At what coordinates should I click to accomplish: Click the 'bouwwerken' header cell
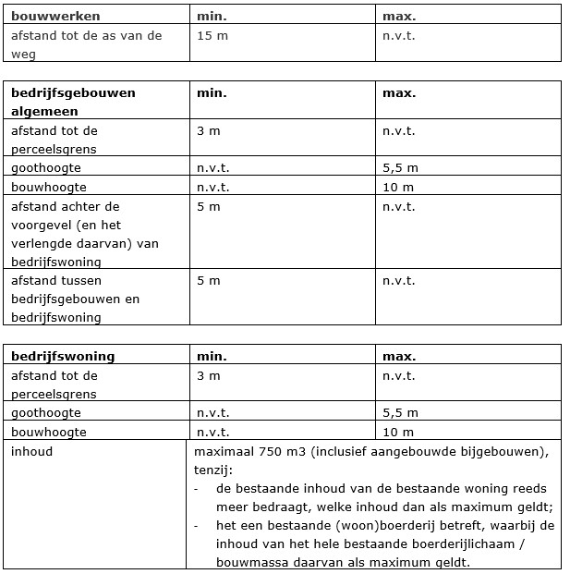tap(55, 16)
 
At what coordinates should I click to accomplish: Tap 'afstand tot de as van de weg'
tap(86, 43)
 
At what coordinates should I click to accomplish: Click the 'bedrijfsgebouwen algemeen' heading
tap(73, 102)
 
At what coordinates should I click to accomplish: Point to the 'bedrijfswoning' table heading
tap(63, 356)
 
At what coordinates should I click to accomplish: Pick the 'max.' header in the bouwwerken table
tap(398, 16)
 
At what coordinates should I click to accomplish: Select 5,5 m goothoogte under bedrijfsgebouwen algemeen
tap(400, 168)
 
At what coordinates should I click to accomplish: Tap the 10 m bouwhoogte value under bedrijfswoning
tap(397, 432)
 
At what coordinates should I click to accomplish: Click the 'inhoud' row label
tap(32, 452)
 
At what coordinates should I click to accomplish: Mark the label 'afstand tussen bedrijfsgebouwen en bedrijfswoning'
tap(75, 299)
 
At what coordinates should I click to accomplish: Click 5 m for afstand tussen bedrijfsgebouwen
tap(209, 280)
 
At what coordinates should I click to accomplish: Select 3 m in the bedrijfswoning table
tap(209, 376)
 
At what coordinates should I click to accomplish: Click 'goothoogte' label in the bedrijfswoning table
tap(45, 412)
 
